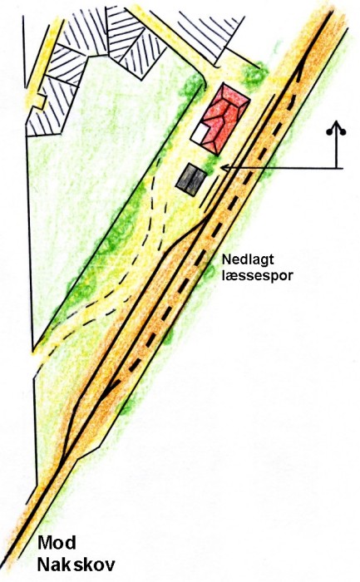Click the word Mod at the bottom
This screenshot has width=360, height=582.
point(57,543)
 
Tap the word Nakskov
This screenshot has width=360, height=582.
point(76,565)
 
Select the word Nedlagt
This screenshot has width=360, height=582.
point(248,259)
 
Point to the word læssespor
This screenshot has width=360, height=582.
point(257,276)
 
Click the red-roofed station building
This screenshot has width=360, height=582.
point(225,118)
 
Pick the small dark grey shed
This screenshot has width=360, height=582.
point(191,180)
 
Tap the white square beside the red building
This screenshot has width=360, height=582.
point(199,133)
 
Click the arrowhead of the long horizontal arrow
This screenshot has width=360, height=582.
point(224,168)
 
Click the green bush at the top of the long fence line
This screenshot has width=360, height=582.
point(193,85)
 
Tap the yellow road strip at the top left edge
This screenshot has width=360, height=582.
point(43,62)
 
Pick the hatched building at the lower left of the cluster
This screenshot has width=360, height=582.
point(49,107)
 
